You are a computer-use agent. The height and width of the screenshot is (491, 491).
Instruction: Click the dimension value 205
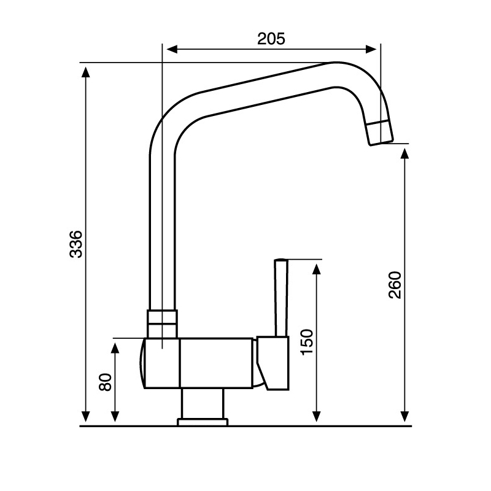tap(271, 39)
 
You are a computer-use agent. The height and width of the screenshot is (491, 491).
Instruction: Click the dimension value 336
tap(74, 244)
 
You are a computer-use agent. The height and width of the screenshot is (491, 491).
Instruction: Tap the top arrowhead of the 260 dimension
tap(404, 152)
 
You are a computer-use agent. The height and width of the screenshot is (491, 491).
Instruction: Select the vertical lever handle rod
tap(281, 298)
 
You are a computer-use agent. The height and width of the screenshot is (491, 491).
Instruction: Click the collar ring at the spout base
tap(162, 317)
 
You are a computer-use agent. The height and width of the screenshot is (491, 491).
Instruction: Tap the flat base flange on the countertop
tap(203, 422)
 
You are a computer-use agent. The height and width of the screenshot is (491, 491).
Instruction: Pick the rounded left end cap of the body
tap(142, 363)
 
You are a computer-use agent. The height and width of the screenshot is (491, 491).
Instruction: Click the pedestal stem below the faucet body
tap(202, 403)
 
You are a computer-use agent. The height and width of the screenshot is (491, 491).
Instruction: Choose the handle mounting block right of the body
tap(273, 362)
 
